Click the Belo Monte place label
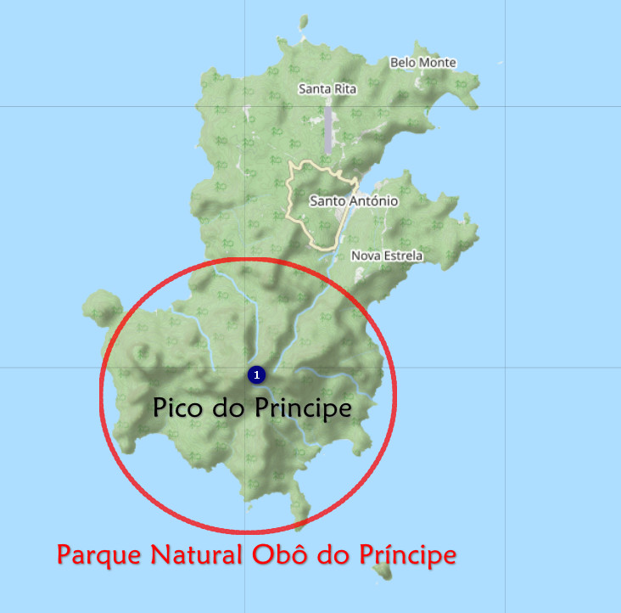point(422,63)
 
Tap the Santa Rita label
point(327,89)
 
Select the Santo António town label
point(354,201)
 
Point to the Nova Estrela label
point(386,256)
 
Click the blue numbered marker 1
point(256,374)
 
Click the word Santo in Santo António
point(327,201)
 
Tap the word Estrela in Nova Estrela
point(402,256)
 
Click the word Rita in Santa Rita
point(346,89)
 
